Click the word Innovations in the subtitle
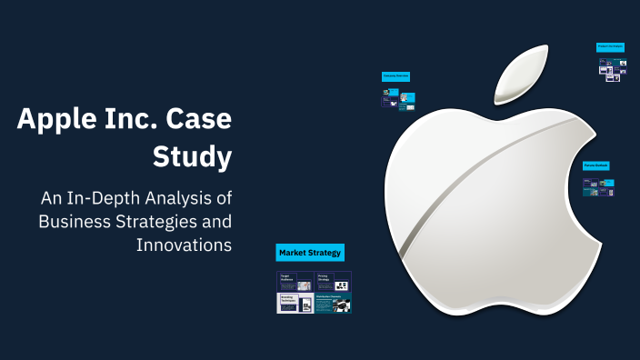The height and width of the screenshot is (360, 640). pos(185,245)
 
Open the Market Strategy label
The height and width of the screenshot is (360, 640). pos(310,253)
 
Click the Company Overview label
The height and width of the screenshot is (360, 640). pos(395,76)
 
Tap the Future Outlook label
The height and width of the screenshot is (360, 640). pos(596,166)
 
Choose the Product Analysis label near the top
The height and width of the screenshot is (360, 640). pos(610,46)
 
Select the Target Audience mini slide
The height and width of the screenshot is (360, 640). pos(295,281)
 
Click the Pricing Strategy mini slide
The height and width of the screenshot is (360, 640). pos(333,281)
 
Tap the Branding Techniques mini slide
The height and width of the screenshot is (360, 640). pos(295,303)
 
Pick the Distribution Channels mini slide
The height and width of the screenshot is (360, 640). pos(333,303)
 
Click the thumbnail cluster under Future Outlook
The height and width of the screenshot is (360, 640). pos(598,186)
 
